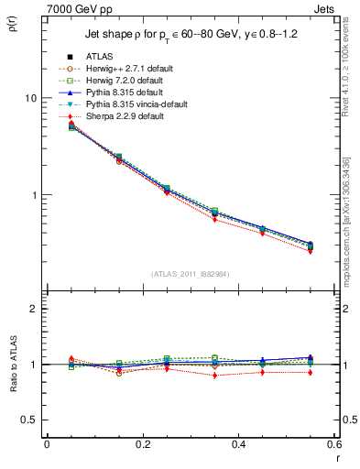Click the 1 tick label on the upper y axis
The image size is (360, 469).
coord(32,195)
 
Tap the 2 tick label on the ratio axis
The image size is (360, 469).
coord(32,309)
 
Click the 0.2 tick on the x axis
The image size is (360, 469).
coord(142,443)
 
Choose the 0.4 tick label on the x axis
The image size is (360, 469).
coord(238,443)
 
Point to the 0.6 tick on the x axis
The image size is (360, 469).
coord(333,443)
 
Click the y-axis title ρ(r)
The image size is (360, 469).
coord(16,20)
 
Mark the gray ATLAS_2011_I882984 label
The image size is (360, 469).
coord(190,274)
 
